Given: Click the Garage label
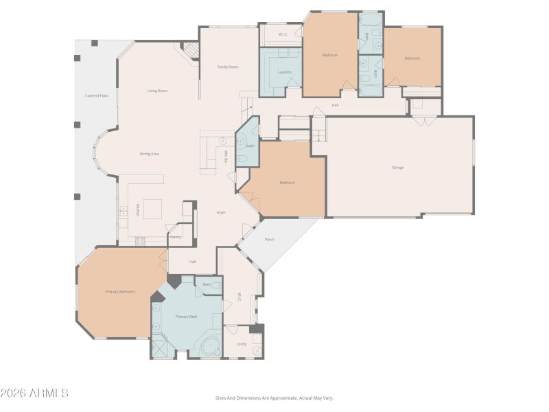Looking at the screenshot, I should pyautogui.click(x=398, y=168).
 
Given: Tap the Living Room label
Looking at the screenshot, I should pyautogui.click(x=157, y=91).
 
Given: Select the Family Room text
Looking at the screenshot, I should pyautogui.click(x=228, y=67).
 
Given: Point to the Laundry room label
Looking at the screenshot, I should pyautogui.click(x=284, y=72).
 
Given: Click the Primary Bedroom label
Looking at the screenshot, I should pyautogui.click(x=119, y=292).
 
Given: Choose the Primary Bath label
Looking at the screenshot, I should pyautogui.click(x=186, y=317).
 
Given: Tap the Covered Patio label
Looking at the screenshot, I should pyautogui.click(x=97, y=95).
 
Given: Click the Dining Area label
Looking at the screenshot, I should pyautogui.click(x=150, y=154).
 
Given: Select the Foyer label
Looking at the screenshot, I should pyautogui.click(x=221, y=212).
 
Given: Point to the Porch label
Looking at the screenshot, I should pyautogui.click(x=270, y=240).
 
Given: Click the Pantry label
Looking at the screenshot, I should pyautogui.click(x=176, y=237).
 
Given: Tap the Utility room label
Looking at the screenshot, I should pyautogui.click(x=242, y=344).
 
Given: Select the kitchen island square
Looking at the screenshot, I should pyautogui.click(x=152, y=208).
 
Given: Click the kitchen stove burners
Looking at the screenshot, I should pyautogui.click(x=140, y=241).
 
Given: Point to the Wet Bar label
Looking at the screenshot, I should pyautogui.click(x=225, y=157).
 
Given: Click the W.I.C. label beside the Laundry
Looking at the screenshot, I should pyautogui.click(x=282, y=34).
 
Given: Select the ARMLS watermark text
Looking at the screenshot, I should pyautogui.click(x=34, y=393).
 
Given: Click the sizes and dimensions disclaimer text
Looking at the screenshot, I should pyautogui.click(x=274, y=398).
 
